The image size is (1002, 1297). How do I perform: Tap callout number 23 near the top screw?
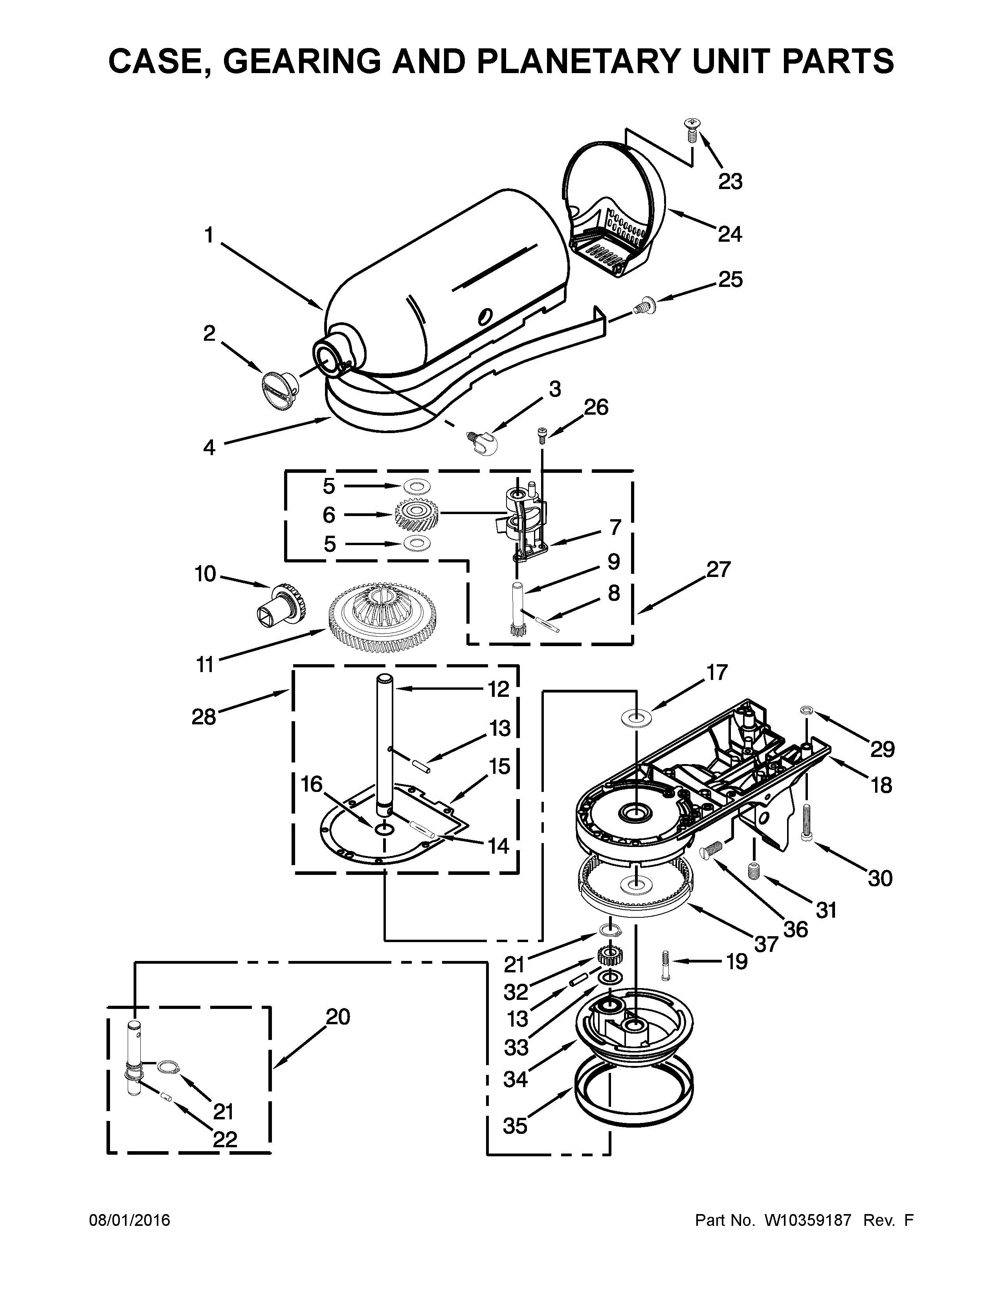[730, 181]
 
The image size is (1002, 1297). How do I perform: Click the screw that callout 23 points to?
[692, 129]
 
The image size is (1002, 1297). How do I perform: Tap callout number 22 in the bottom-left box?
[225, 1139]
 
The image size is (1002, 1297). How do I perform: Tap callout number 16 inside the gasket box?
[311, 785]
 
